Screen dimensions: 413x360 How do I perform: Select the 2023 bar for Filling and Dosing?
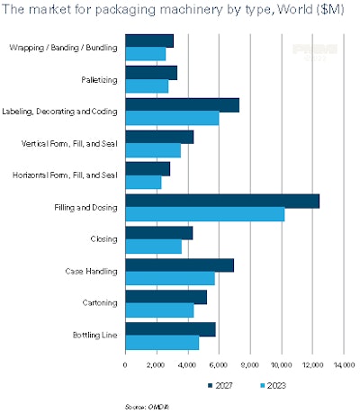pos(204,214)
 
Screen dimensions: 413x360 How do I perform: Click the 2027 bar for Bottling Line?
pos(170,329)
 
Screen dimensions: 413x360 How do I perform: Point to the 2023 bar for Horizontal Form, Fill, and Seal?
pos(143,183)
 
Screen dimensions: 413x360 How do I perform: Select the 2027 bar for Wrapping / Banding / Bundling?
pos(149,41)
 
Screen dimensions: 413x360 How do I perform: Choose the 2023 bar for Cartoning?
pos(159,310)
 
